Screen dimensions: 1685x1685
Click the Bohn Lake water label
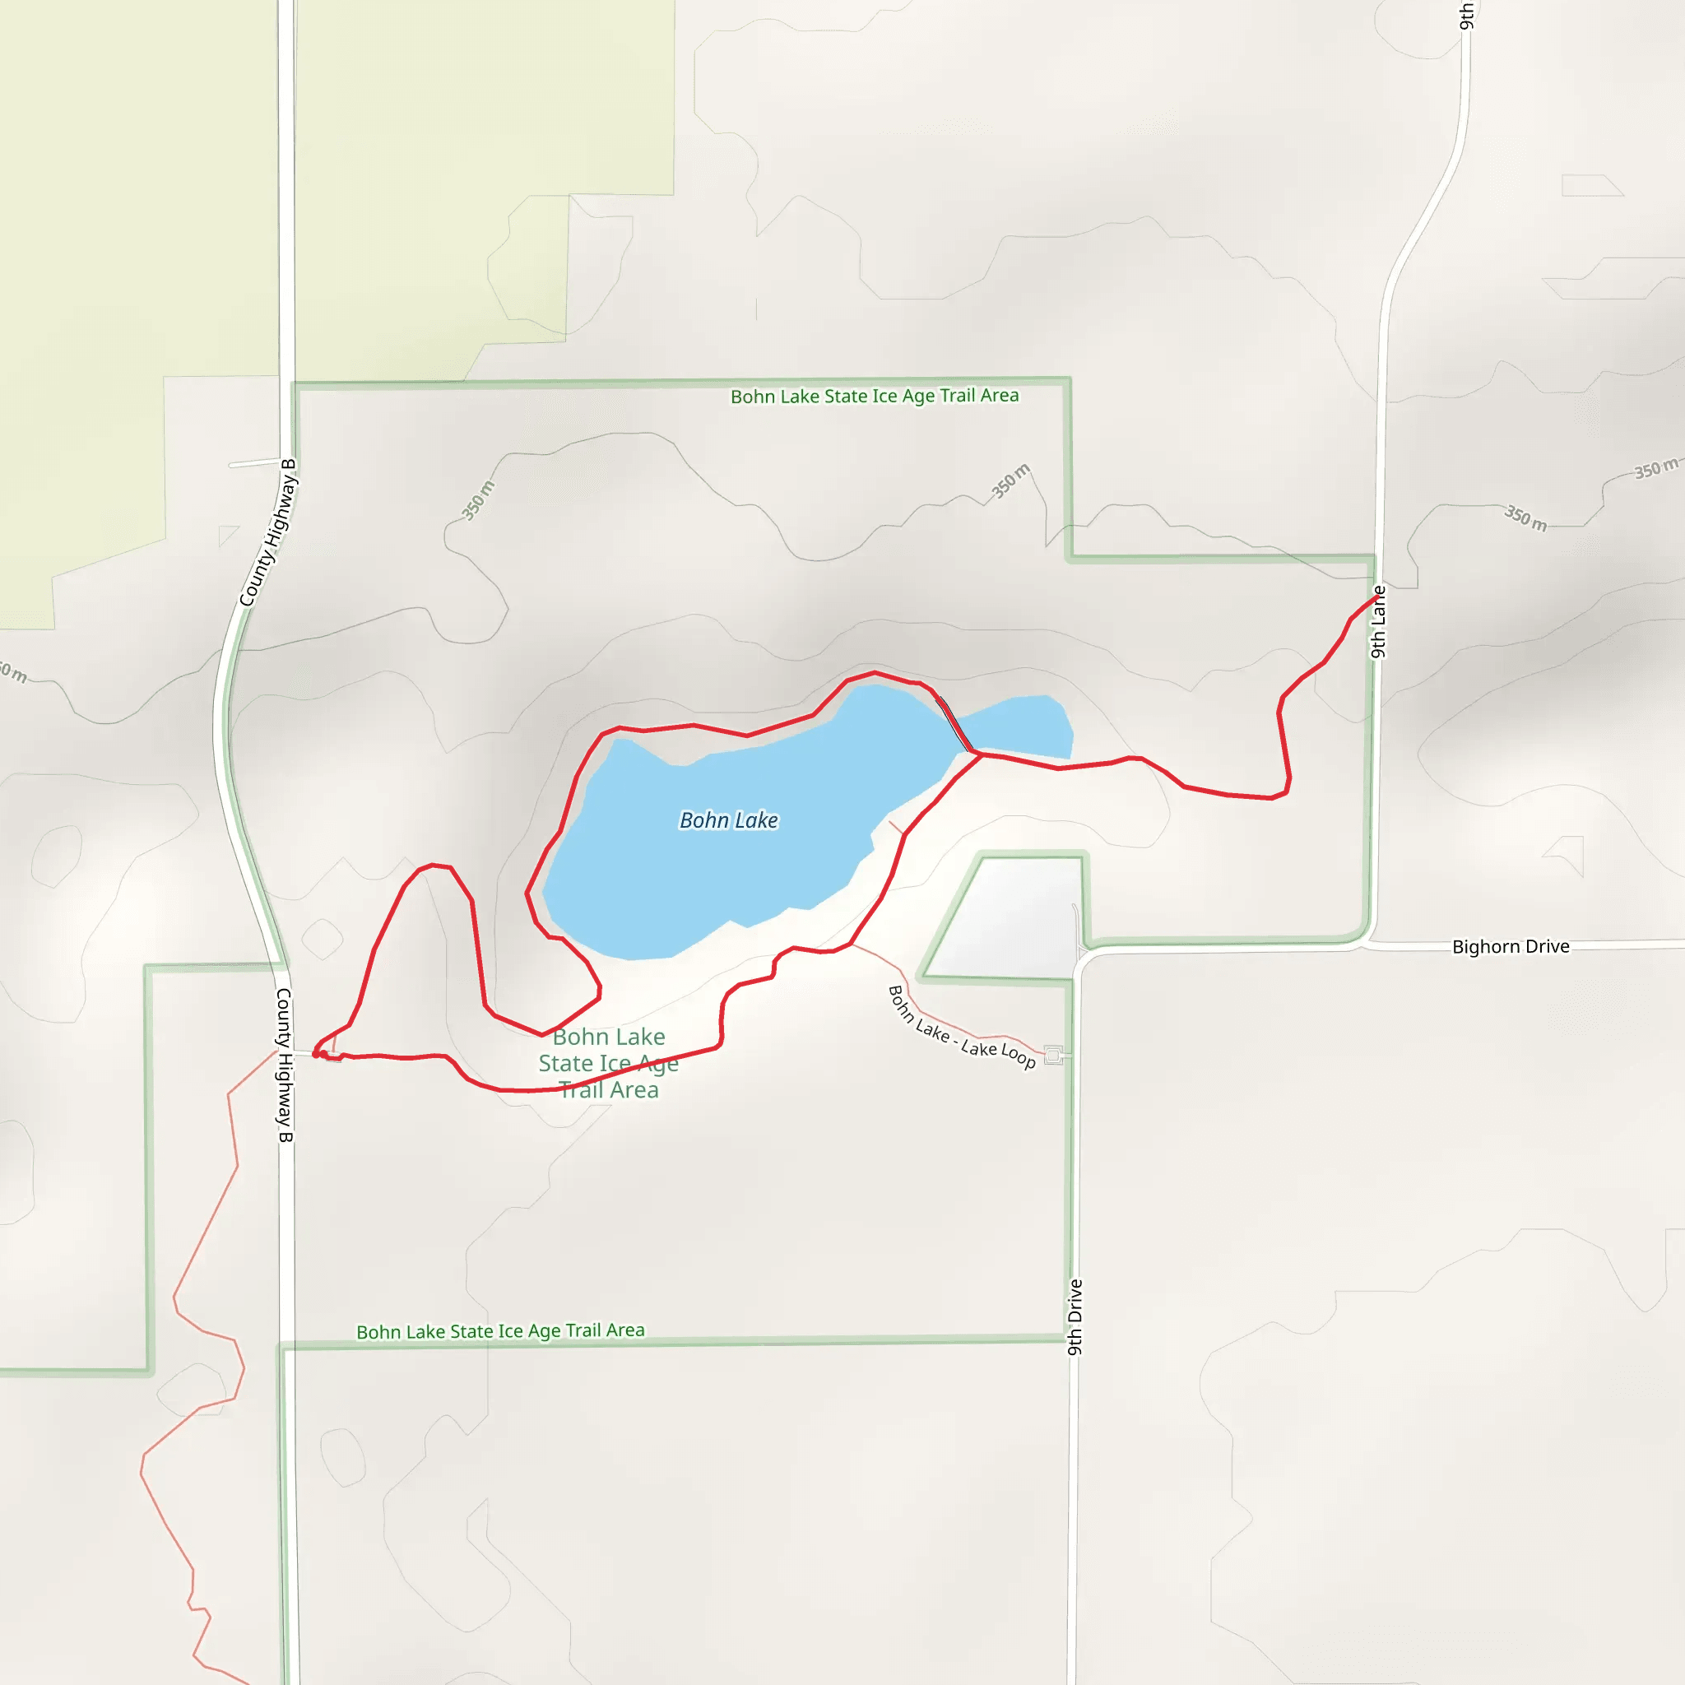point(728,819)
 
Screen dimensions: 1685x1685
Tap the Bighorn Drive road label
point(1510,946)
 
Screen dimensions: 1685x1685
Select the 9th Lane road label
point(1378,622)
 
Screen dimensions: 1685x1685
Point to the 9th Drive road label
point(1075,1317)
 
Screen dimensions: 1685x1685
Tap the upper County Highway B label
point(268,532)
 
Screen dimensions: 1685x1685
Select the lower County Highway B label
point(285,1065)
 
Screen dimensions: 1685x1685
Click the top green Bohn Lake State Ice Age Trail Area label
point(874,396)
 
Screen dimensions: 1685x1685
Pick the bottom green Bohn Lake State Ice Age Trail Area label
point(499,1331)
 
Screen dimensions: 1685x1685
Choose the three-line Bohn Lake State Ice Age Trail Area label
point(609,1063)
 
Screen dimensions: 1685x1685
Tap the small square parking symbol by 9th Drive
point(1054,1056)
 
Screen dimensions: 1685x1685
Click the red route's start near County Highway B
point(316,1055)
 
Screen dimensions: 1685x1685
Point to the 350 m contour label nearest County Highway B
point(478,499)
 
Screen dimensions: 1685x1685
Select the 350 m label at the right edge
point(1655,469)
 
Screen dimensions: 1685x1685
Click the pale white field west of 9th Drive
point(1012,916)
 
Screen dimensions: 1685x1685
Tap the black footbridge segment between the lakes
point(955,724)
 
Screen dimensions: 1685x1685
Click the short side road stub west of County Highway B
point(253,463)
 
